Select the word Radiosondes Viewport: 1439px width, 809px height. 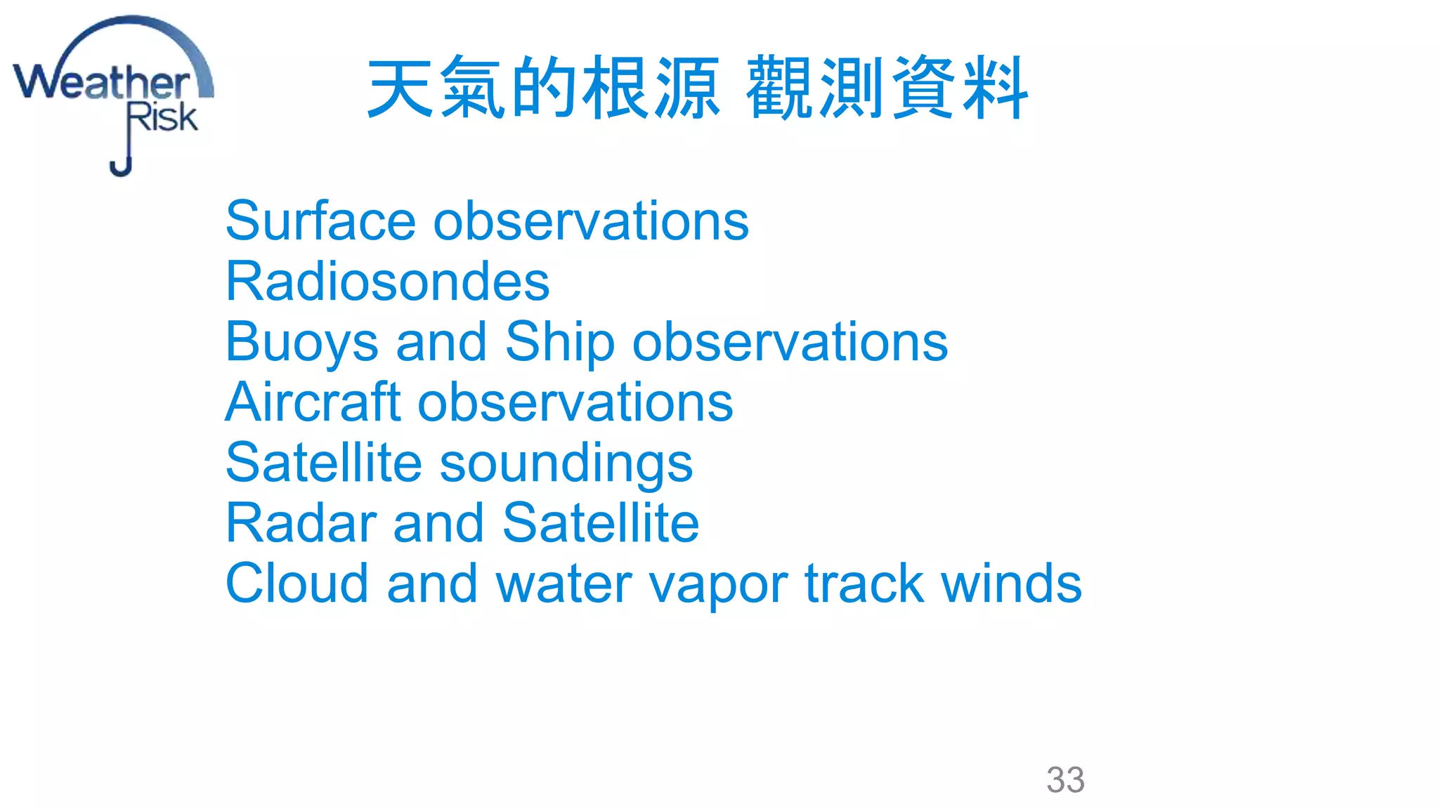(387, 282)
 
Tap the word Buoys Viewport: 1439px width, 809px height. (301, 343)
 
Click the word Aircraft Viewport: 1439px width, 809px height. (313, 402)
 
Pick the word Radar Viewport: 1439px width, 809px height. (301, 523)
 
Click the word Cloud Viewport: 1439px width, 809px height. (297, 584)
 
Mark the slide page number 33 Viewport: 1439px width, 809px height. (1065, 780)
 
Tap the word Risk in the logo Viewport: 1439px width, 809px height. (162, 117)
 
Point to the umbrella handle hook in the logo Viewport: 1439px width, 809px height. (121, 168)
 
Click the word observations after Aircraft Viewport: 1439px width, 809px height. (575, 402)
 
